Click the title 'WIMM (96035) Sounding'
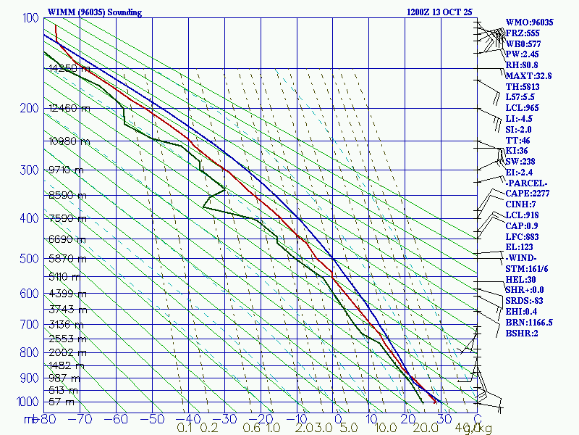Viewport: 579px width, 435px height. (x=95, y=12)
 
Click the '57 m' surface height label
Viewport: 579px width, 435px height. (x=62, y=402)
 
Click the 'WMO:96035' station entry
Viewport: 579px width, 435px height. (x=530, y=22)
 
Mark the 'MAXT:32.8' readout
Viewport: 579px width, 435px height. (x=528, y=75)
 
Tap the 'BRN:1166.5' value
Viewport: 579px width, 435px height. (x=530, y=322)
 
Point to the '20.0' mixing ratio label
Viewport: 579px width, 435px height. (x=404, y=428)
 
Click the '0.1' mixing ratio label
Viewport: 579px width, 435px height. (x=185, y=428)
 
